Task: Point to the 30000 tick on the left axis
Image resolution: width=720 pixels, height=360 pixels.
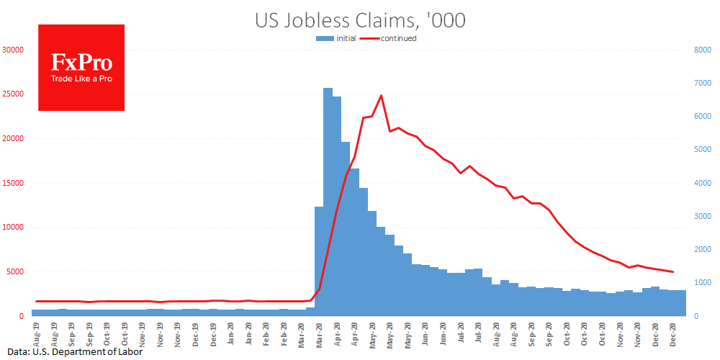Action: tap(13, 50)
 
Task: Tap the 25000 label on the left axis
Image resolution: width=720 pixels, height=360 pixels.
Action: tap(13, 94)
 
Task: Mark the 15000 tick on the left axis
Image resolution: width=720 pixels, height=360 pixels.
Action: tap(13, 183)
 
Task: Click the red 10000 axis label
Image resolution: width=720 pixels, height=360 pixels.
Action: tap(13, 228)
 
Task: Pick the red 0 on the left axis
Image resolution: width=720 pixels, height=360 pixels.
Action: tap(22, 316)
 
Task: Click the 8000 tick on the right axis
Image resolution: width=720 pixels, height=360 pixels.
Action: tap(702, 50)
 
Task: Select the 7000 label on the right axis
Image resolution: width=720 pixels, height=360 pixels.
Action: tap(702, 83)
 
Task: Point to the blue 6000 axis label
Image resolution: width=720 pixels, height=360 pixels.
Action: tap(702, 117)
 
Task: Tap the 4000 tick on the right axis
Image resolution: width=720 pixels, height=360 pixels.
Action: tap(702, 183)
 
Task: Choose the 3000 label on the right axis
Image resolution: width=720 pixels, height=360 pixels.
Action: tap(702, 216)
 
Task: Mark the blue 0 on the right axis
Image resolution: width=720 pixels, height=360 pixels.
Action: tap(695, 316)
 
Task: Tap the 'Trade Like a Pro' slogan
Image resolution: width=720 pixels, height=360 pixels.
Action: tap(81, 78)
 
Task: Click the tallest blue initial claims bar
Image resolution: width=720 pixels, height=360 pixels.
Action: tap(328, 202)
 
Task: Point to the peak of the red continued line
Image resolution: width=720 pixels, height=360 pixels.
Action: tap(381, 95)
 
